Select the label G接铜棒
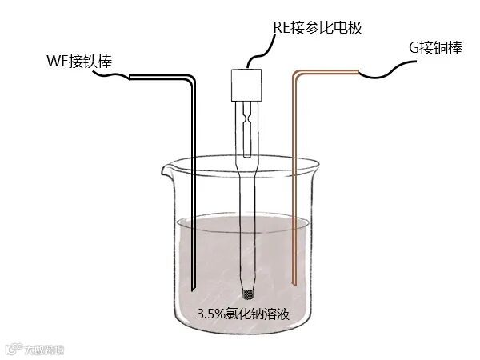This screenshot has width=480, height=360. click(x=435, y=49)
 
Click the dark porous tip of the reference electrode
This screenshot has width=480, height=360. click(x=246, y=292)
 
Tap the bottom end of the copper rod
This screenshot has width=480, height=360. click(x=295, y=284)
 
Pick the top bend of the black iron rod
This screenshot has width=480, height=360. click(x=193, y=78)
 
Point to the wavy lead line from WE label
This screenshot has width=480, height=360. click(x=111, y=76)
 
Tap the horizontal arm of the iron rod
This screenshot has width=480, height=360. click(x=160, y=77)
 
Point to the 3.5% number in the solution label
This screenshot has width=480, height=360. click(x=210, y=314)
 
